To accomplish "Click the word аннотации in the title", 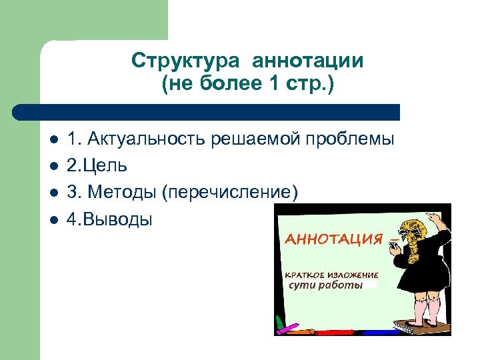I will [x=308, y=61].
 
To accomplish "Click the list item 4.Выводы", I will [x=109, y=219].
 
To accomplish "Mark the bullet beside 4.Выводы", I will [x=53, y=220].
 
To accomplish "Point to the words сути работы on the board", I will [x=325, y=285].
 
